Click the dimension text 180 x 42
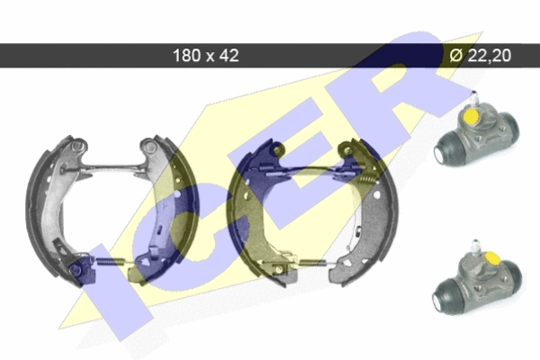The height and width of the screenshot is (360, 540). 205,55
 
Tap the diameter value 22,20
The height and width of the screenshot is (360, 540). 489,55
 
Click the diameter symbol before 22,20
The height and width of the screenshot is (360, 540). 456,55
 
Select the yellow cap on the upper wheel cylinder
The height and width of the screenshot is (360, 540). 471,116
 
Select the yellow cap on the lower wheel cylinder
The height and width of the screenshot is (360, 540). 492,257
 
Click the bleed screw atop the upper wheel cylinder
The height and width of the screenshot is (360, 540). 474,99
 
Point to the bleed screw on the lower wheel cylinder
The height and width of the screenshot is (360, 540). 475,247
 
